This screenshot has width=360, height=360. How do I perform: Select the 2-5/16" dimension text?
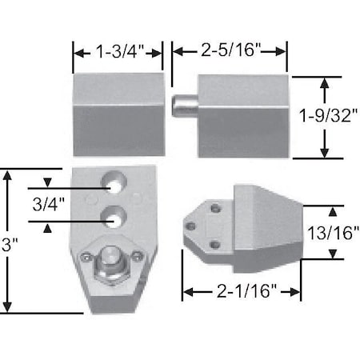[x=230, y=51]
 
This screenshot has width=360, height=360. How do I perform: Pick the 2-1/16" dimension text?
[x=242, y=293]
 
